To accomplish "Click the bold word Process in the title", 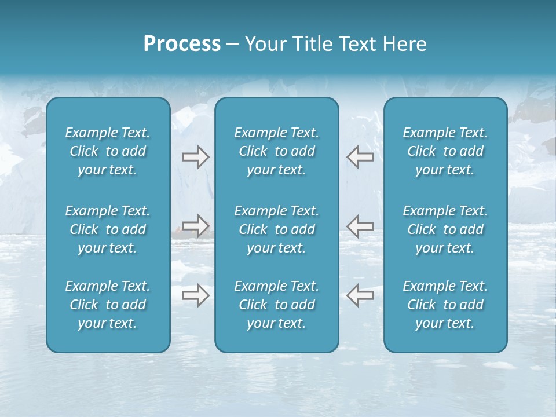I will click(182, 44).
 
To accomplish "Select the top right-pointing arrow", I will click(195, 156).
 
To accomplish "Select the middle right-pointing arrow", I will click(195, 225).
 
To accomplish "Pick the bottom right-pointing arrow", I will click(195, 295).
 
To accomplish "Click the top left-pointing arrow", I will click(360, 156).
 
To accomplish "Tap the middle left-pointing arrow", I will click(360, 225).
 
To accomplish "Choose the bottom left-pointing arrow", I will click(360, 295).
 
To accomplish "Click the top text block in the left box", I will click(108, 151).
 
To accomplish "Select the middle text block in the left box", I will click(108, 229).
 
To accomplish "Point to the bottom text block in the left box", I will click(108, 305).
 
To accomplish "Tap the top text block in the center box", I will click(277, 151).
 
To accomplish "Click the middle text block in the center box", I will click(277, 229).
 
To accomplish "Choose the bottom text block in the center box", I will click(277, 305).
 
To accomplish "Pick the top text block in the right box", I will click(445, 151).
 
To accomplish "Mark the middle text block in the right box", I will click(445, 229).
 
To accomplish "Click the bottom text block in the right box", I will click(445, 305).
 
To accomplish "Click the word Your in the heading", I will click(265, 44).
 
